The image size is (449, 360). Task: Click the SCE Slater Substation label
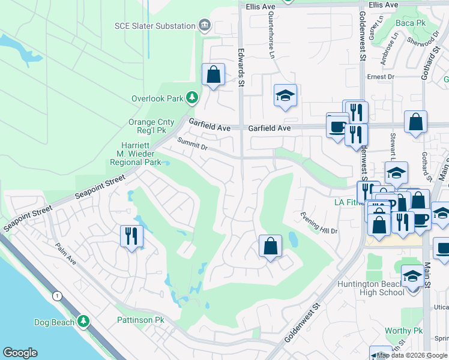tap(155, 26)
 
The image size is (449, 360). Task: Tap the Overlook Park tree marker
tap(192, 97)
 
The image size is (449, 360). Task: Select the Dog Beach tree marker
tap(84, 322)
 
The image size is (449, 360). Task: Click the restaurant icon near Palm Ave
tap(131, 235)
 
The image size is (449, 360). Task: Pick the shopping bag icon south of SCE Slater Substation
tap(213, 75)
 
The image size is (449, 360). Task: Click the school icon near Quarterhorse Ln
tap(285, 95)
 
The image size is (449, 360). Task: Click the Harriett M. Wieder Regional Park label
tap(135, 158)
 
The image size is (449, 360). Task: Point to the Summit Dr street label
tap(192, 144)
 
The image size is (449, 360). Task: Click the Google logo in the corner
tap(20, 353)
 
